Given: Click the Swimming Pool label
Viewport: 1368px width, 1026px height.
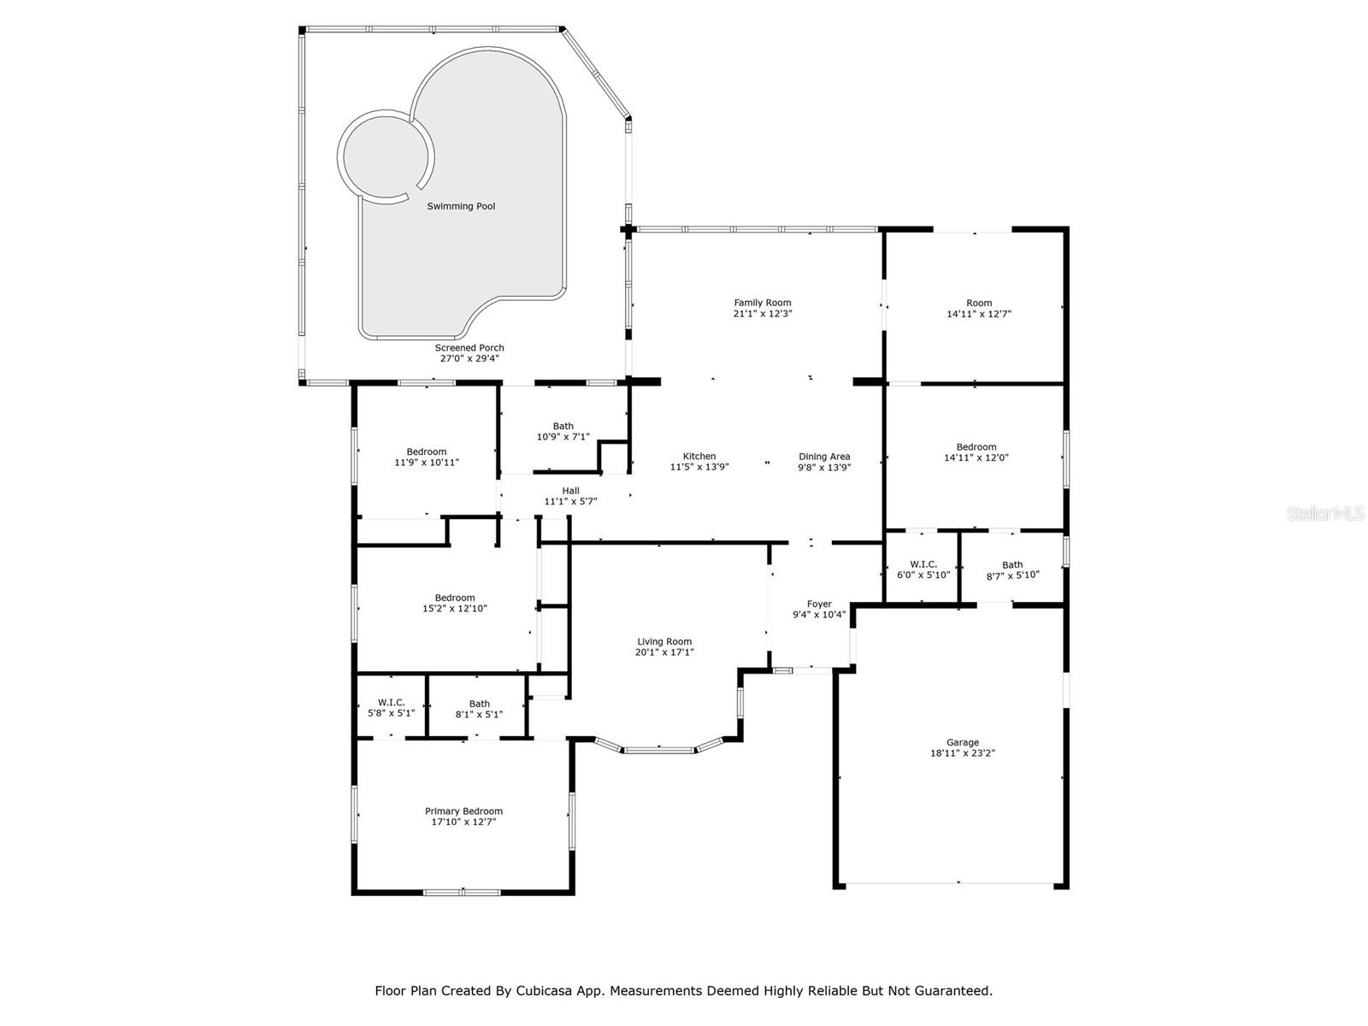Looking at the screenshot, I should [461, 206].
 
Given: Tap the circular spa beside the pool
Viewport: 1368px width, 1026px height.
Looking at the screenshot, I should [385, 156].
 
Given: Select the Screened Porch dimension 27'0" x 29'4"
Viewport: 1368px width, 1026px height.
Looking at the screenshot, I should [469, 359].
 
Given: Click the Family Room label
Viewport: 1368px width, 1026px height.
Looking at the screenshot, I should [763, 303].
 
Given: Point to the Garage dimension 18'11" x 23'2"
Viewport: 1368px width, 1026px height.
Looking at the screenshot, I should [963, 754].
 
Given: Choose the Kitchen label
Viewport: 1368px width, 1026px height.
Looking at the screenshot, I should [699, 456].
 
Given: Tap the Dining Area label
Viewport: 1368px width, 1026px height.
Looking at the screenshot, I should [824, 456].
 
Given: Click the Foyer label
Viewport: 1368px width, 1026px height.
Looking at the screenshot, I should [819, 604].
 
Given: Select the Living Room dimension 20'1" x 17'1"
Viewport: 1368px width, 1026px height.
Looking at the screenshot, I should [664, 652].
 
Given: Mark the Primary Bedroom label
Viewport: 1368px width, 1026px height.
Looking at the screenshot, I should [463, 811].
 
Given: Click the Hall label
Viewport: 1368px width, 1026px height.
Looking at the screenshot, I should [570, 491].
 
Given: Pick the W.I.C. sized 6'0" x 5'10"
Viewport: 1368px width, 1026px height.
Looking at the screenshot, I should [923, 569].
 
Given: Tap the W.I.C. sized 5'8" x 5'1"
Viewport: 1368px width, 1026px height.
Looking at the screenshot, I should [392, 708].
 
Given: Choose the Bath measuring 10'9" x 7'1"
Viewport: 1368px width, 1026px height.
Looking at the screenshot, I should [563, 431].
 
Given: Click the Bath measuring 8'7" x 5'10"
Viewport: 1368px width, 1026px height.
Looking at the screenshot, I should [1012, 569].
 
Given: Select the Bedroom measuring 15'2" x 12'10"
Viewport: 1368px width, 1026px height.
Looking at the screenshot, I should [454, 603].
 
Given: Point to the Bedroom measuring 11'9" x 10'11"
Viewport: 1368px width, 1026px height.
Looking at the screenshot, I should [426, 457].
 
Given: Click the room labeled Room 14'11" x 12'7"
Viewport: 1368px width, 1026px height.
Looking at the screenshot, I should [979, 308].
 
